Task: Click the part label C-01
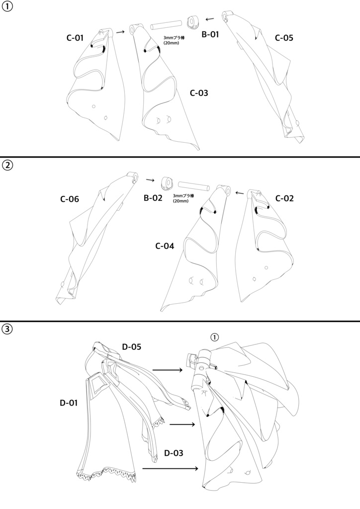point(75,38)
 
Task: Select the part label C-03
point(199,93)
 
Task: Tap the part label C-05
point(284,38)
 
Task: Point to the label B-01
point(210,34)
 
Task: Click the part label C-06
point(70,199)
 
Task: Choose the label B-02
point(153,198)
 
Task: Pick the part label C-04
point(165,246)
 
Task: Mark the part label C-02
point(284,198)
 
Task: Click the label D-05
point(132,346)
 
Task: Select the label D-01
point(69,403)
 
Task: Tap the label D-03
point(174,453)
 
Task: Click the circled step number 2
point(7,166)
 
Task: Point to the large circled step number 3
point(7,329)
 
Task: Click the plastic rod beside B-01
point(166,25)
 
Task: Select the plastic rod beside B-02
point(194,185)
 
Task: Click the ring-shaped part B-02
point(167,183)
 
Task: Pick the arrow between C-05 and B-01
point(210,19)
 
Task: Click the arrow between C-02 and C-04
point(240,193)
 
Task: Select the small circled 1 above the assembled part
point(214,338)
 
